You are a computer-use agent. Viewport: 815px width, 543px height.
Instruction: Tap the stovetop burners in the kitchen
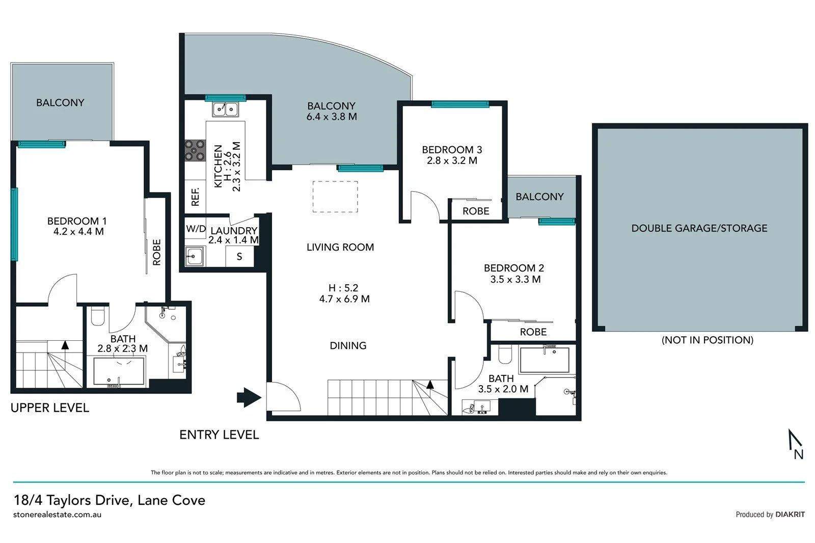(x=195, y=151)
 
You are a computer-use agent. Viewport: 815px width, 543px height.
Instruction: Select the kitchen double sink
(x=225, y=109)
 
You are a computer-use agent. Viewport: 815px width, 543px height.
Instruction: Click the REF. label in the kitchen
(x=195, y=197)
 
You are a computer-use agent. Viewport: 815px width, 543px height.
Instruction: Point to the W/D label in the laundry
(x=196, y=229)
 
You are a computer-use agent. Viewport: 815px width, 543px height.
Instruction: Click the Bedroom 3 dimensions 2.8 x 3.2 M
(x=452, y=160)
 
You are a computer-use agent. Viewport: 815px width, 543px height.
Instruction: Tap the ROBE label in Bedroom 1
(x=157, y=252)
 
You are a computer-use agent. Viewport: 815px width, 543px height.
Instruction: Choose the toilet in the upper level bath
(x=97, y=316)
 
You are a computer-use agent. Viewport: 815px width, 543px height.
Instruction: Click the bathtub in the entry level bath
(x=545, y=360)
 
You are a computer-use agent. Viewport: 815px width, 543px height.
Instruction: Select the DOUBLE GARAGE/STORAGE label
(x=699, y=228)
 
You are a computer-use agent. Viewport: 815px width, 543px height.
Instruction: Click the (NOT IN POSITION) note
(x=707, y=340)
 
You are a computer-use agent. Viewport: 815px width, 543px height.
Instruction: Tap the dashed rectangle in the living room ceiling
(x=335, y=197)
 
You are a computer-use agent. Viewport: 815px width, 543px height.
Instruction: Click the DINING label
(x=348, y=345)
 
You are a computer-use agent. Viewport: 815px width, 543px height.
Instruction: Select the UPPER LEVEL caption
(x=50, y=408)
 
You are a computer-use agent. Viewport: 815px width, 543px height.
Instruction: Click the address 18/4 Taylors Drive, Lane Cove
(x=110, y=500)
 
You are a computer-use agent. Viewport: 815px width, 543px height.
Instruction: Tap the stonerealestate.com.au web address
(x=57, y=514)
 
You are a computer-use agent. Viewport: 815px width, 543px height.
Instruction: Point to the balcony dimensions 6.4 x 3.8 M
(x=332, y=117)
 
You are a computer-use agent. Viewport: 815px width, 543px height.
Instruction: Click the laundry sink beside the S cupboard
(x=195, y=256)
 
